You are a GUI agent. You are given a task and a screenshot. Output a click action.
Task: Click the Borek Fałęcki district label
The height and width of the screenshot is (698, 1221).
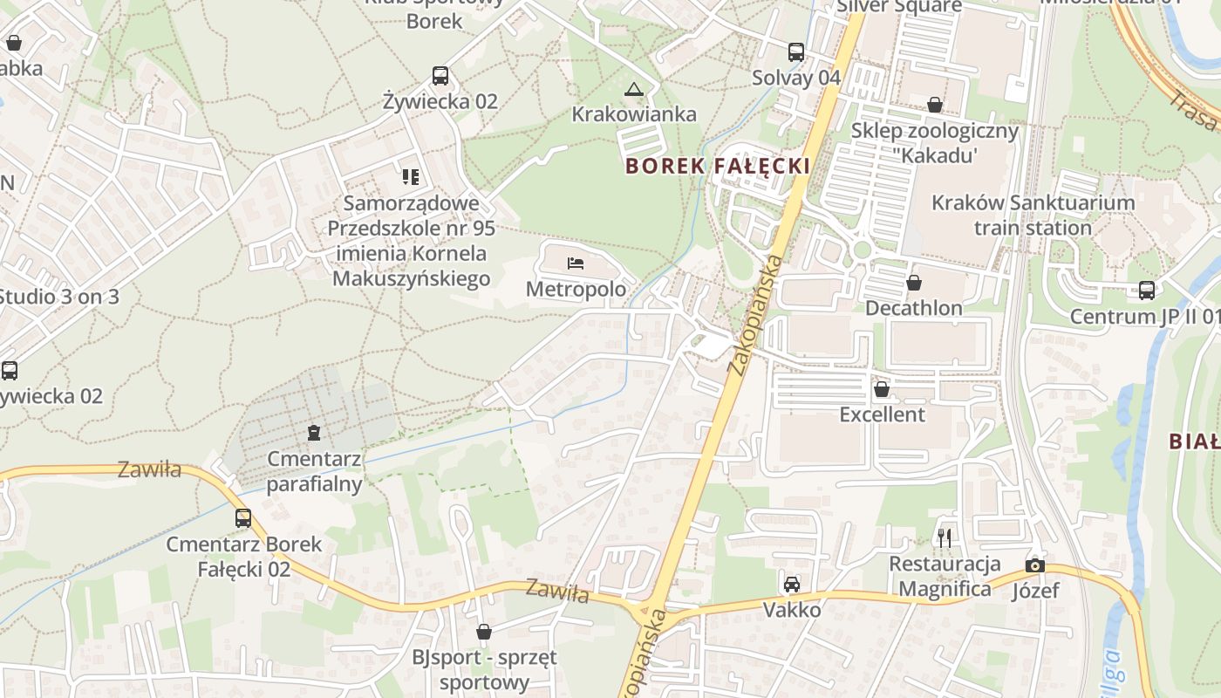(718, 166)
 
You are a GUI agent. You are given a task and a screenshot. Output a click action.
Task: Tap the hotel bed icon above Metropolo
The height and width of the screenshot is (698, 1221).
(575, 263)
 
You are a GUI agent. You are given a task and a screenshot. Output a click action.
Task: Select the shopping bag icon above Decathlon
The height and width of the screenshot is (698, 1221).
(914, 283)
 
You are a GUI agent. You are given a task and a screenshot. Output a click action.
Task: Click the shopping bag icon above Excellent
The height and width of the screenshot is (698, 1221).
(882, 388)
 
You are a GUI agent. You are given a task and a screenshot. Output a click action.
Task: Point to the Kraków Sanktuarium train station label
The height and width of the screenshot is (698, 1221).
(1033, 216)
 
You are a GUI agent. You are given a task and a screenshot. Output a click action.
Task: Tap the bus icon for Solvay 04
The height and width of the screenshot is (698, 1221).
(796, 52)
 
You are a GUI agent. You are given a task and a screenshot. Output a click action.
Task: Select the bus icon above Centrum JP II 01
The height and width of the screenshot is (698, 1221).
(1146, 291)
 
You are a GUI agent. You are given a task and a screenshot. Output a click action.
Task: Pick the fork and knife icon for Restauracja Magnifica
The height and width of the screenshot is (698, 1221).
(945, 537)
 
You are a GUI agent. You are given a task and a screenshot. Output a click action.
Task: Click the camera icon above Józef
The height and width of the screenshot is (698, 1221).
(1035, 565)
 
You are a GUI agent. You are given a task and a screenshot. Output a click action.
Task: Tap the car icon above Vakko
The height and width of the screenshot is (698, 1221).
(792, 584)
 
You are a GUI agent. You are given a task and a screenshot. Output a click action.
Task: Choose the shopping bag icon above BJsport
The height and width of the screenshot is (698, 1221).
(484, 631)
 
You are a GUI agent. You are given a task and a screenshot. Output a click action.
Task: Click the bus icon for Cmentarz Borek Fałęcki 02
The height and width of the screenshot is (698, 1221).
(243, 518)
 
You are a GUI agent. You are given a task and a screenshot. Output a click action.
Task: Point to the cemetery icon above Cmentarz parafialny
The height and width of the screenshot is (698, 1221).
(314, 432)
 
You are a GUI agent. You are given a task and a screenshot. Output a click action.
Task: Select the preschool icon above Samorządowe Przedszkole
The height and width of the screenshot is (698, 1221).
(411, 178)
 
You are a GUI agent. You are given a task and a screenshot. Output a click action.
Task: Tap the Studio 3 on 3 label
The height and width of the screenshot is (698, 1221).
(59, 297)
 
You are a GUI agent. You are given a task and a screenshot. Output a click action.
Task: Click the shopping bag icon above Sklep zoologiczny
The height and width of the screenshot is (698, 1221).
(935, 106)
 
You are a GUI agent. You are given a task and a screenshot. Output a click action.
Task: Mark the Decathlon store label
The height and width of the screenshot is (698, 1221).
(914, 308)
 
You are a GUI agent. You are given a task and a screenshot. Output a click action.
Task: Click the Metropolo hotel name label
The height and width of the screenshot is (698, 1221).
(576, 289)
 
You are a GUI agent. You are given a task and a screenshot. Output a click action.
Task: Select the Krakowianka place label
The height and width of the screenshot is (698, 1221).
(634, 114)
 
